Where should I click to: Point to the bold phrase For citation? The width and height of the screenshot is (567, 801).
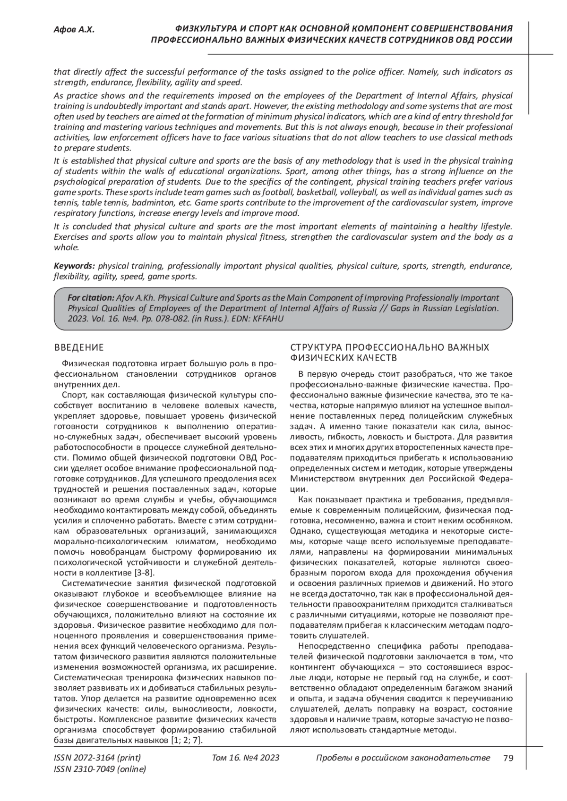point(91,298)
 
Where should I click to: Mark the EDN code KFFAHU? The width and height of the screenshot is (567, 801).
point(271,319)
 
